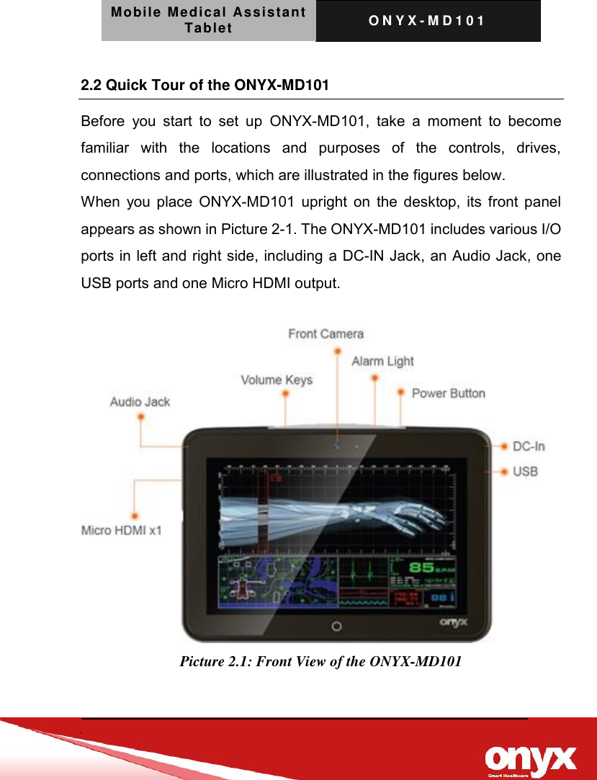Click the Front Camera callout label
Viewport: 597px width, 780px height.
pyautogui.click(x=326, y=334)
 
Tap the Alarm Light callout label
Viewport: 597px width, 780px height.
pyautogui.click(x=382, y=362)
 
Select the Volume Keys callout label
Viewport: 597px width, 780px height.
pyautogui.click(x=276, y=380)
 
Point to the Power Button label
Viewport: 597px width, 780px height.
pyautogui.click(x=448, y=393)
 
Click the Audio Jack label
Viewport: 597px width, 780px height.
pyautogui.click(x=140, y=402)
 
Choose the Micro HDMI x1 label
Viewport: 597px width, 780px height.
pyautogui.click(x=122, y=531)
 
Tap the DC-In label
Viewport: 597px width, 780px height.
pyautogui.click(x=529, y=447)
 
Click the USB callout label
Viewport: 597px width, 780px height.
pyautogui.click(x=525, y=472)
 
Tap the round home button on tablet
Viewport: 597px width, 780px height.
pyautogui.click(x=336, y=625)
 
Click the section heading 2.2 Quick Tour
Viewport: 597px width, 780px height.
pyautogui.click(x=205, y=86)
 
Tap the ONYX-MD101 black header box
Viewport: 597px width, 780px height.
pyautogui.click(x=428, y=21)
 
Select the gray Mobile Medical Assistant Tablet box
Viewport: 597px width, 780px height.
pyautogui.click(x=208, y=21)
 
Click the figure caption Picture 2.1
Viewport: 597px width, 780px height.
pyautogui.click(x=320, y=661)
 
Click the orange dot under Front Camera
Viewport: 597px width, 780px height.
pyautogui.click(x=337, y=351)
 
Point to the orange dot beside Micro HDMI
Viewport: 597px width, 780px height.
pyautogui.click(x=135, y=516)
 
